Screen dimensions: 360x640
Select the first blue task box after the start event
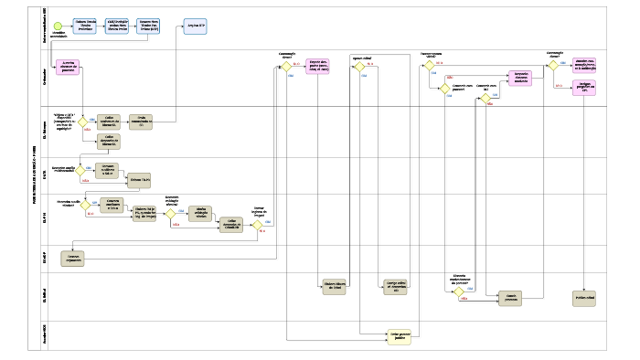[86, 25]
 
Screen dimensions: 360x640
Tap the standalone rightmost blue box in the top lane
[196, 26]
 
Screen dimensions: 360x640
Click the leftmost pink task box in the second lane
[74, 66]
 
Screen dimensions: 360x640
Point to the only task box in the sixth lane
[73, 259]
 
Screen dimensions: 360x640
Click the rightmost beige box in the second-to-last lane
[584, 298]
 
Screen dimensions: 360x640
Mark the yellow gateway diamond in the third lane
[81, 122]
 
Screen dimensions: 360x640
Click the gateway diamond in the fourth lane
[80, 170]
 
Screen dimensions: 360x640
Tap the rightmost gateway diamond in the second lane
[552, 66]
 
